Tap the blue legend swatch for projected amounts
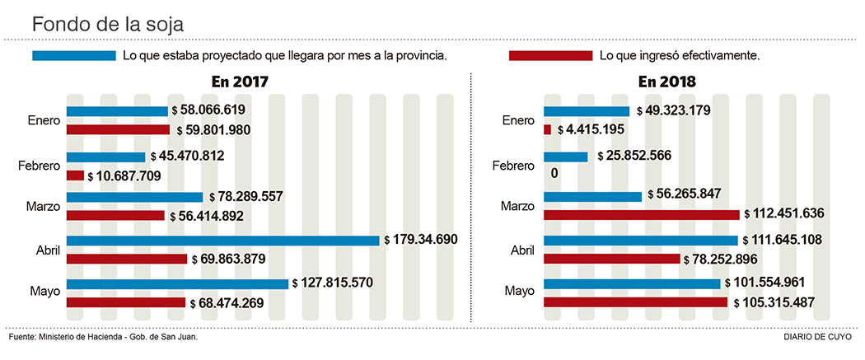(73, 56)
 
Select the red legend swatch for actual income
(550, 56)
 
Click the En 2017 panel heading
(239, 82)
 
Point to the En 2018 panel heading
(666, 82)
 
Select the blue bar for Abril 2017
(223, 241)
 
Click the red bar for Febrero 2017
(75, 175)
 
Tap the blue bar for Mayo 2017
(177, 283)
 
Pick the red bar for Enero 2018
(548, 129)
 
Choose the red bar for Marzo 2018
(642, 214)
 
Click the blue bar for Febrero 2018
(566, 157)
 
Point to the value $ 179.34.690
(421, 240)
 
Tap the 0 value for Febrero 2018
(554, 174)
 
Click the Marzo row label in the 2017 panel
(44, 207)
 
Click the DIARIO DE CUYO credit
(820, 337)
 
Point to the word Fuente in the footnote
(22, 337)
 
